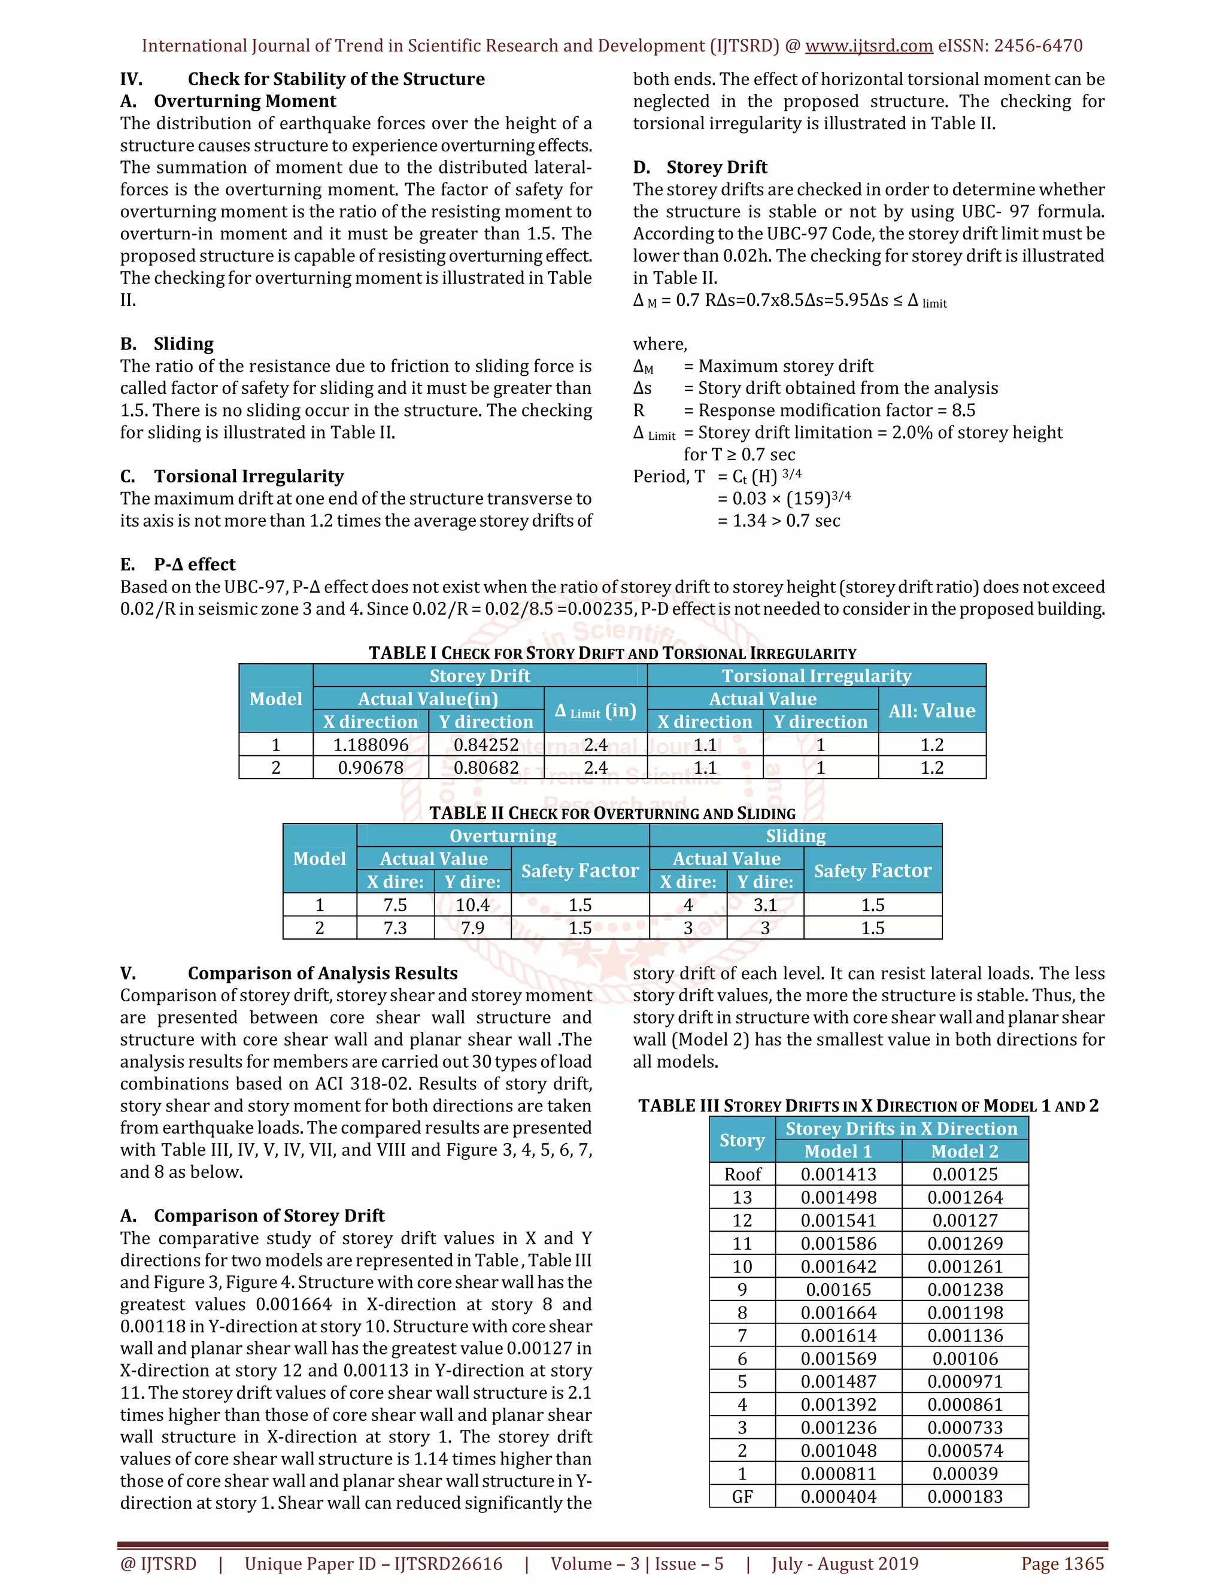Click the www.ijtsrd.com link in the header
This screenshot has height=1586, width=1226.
[869, 45]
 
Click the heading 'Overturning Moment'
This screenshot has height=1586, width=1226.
[245, 101]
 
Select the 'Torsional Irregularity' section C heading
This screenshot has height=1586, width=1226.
[248, 476]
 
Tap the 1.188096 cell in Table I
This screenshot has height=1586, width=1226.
[371, 745]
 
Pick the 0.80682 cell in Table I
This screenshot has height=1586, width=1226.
[486, 768]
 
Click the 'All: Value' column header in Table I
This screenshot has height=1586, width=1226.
[932, 710]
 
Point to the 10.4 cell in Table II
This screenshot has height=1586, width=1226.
[472, 905]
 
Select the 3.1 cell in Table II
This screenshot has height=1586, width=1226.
[765, 905]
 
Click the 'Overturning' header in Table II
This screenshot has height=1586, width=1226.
[503, 836]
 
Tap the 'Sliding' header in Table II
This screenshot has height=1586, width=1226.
[796, 836]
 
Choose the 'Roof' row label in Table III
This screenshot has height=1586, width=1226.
[742, 1174]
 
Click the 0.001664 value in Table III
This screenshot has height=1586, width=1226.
[838, 1312]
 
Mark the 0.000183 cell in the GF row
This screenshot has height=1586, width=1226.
[964, 1497]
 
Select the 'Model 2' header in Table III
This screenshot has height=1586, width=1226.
[964, 1151]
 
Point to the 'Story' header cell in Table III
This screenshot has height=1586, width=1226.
[742, 1140]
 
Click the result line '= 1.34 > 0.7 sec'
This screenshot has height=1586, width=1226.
[779, 521]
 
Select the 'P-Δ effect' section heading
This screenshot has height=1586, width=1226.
[194, 564]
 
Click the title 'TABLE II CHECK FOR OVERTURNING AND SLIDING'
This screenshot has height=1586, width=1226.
[612, 813]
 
